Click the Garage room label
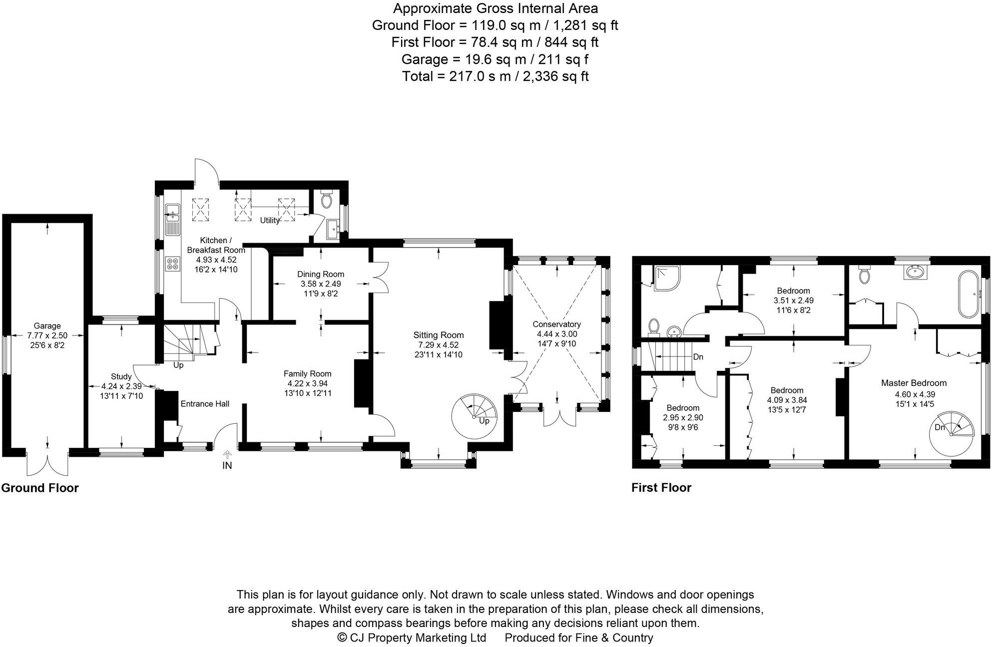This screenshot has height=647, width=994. point(47,326)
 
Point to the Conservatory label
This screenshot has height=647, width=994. point(556,324)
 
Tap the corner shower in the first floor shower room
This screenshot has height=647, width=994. point(667,278)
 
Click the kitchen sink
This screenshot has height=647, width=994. point(172,214)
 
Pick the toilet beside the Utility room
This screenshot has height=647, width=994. point(327,200)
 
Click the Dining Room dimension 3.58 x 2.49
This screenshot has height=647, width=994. point(320,284)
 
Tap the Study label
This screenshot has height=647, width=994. point(121,376)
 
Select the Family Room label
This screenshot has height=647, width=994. point(307,373)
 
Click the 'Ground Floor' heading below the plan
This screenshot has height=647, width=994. point(40,488)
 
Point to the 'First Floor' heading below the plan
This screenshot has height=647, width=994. point(661,488)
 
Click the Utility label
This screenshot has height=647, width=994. point(270,220)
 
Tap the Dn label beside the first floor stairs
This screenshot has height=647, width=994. point(698,357)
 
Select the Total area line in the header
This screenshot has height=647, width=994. point(495,76)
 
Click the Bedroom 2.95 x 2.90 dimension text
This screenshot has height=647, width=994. point(683,417)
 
